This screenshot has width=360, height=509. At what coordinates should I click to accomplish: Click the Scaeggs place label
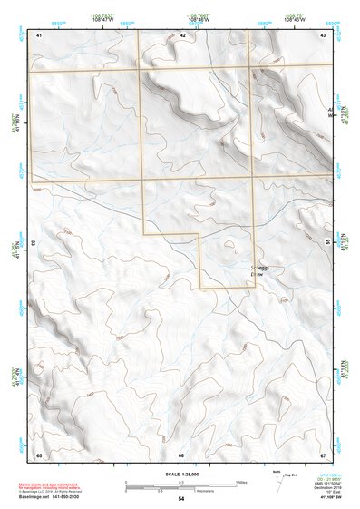[x=260, y=269]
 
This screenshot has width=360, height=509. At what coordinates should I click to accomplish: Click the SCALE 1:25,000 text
[x=180, y=475]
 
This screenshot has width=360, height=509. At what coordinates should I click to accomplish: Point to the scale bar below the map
[x=181, y=485]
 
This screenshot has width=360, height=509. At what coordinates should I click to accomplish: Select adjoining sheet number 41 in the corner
[x=40, y=34]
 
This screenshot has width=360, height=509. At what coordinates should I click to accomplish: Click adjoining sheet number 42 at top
[x=182, y=34]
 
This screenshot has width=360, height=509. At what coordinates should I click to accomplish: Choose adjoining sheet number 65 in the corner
[x=40, y=454]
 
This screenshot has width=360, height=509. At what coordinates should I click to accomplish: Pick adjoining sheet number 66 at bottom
[x=181, y=455]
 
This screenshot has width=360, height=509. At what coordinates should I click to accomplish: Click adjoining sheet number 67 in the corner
[x=323, y=454]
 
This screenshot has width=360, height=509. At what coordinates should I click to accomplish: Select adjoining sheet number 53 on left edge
[x=34, y=244]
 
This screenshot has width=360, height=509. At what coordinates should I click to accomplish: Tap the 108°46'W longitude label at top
[x=200, y=19]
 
